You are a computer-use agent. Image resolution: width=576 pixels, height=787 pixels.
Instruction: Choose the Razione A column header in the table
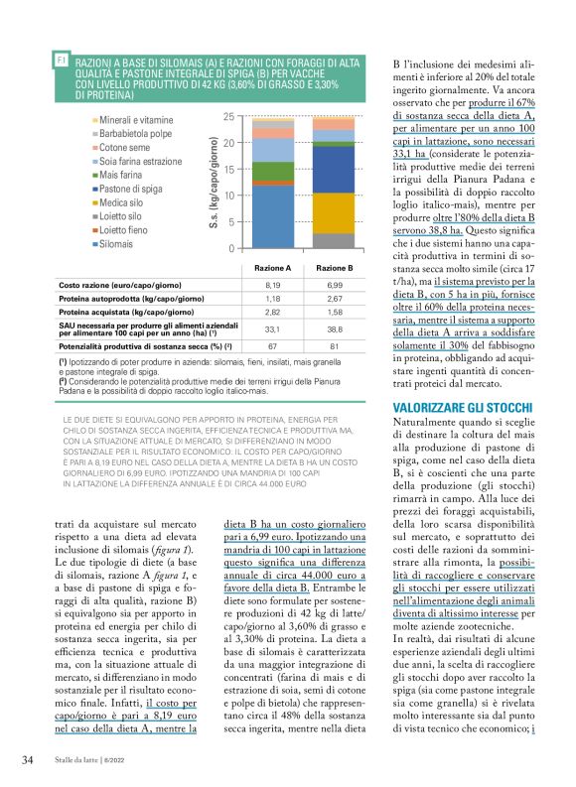click(x=274, y=268)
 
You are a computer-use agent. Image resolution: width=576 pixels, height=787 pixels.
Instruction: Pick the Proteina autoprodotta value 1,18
click(x=274, y=297)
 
